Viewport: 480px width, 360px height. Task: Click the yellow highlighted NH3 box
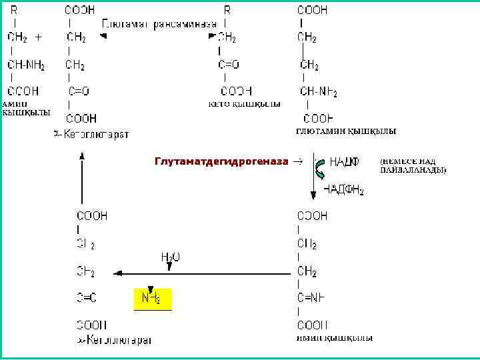(153, 299)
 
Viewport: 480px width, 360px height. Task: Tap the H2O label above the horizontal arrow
(170, 256)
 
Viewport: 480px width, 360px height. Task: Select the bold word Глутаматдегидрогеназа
(221, 161)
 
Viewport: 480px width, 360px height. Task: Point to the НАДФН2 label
(343, 189)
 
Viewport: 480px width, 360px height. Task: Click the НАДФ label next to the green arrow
(344, 162)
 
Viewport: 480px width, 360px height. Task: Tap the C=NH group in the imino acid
(311, 298)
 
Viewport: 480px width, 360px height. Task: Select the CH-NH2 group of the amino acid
(26, 65)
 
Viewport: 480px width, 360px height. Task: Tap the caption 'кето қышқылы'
(244, 104)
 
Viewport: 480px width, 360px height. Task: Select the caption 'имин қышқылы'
(334, 338)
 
